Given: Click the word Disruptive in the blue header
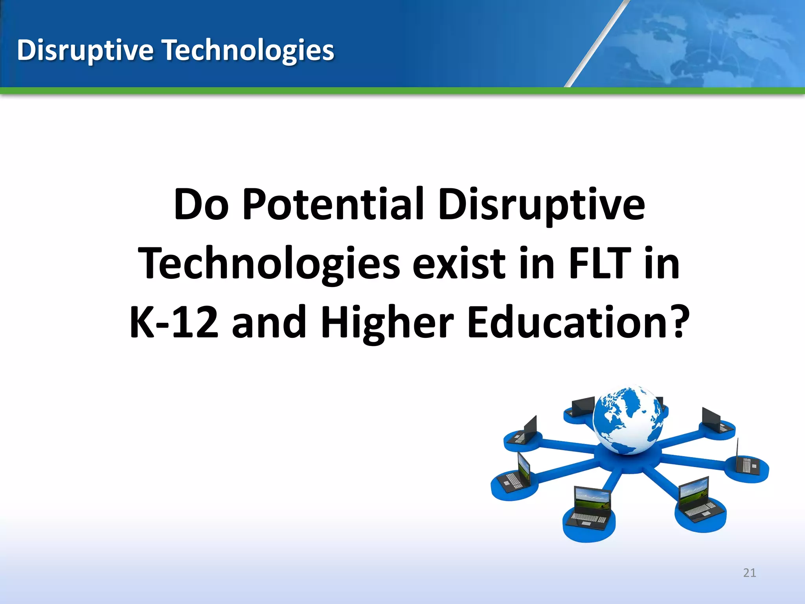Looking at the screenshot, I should click(x=85, y=50).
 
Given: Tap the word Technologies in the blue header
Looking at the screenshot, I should click(x=248, y=50).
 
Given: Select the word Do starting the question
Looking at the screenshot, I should click(x=201, y=205).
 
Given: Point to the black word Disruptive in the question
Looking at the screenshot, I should click(x=541, y=205).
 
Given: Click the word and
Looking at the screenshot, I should click(x=269, y=322).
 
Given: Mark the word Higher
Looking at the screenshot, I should click(x=387, y=322).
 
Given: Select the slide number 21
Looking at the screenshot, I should click(x=750, y=573).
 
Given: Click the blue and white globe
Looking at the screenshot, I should click(x=628, y=420).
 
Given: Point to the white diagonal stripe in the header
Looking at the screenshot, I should click(x=596, y=43).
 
